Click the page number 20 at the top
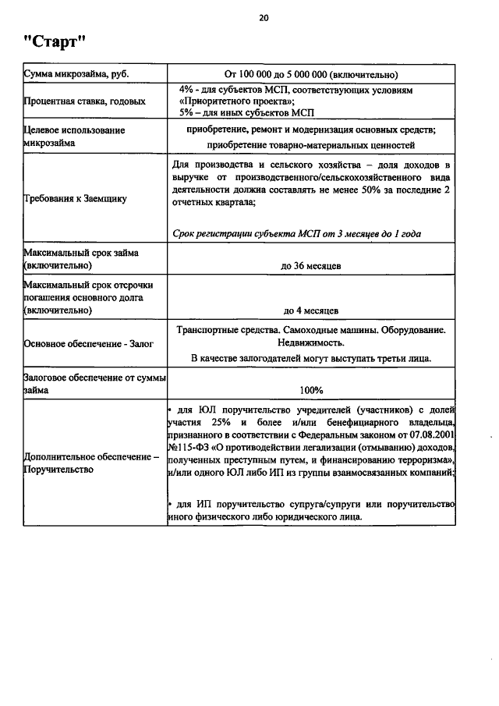point(264,16)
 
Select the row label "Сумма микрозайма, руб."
point(76,76)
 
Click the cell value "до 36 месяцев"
point(311,267)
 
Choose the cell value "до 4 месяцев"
point(311,310)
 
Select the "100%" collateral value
point(311,390)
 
